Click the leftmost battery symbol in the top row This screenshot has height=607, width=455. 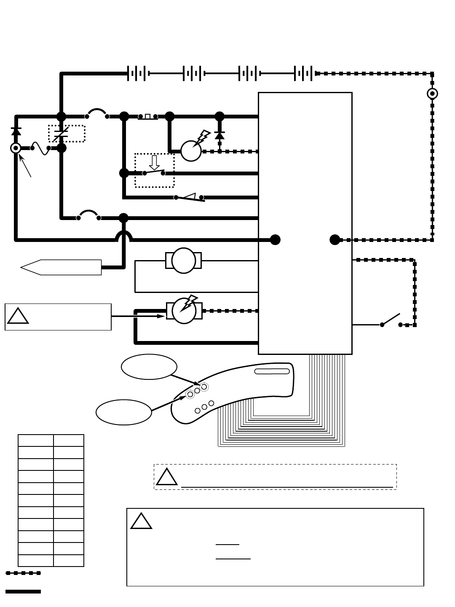pos(138,73)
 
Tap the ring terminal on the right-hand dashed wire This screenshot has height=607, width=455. pos(432,94)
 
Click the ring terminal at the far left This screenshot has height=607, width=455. pos(16,148)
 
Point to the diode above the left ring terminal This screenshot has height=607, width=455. pos(16,131)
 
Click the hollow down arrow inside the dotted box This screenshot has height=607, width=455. pos(154,162)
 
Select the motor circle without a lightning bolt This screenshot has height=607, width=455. pos(184,261)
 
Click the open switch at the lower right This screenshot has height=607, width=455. pos(391,320)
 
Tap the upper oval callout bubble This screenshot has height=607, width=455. pos(149,367)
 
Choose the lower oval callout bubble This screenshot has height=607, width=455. pos(124,412)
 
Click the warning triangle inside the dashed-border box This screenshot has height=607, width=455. pos(166,477)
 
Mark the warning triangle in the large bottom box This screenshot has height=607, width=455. pos(141,521)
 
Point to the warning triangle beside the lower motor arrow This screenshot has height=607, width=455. pos(18,316)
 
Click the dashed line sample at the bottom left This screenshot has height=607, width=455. pos(23,573)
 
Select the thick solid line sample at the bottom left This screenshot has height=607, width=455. pos(23,591)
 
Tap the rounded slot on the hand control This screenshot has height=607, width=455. pos(272,371)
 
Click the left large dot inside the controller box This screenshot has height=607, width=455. pos(275,240)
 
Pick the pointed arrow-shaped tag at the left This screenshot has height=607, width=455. pos(61,267)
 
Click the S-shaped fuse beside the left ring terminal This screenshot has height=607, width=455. pos(40,148)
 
